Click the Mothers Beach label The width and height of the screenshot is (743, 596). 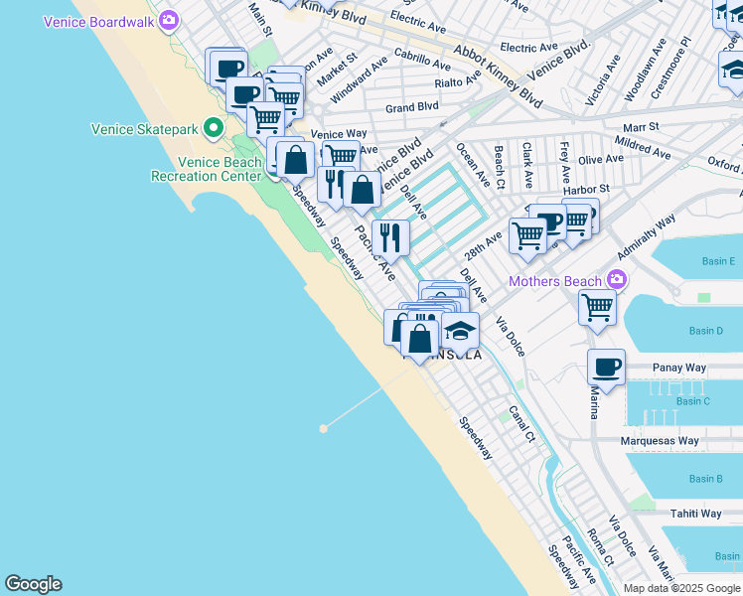[x=555, y=281]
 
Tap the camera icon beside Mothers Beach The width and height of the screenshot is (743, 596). [x=618, y=281]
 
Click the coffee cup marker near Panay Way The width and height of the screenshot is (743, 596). [x=606, y=368]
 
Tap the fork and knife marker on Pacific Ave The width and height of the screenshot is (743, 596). [x=390, y=237]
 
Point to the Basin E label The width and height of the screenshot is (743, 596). [x=719, y=261]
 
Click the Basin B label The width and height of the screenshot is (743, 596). [x=705, y=479]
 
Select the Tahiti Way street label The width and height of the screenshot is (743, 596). [x=695, y=514]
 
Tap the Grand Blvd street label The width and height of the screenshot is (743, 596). [x=412, y=107]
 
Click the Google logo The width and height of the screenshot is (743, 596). [x=33, y=584]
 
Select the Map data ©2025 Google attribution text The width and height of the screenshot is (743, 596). [x=681, y=588]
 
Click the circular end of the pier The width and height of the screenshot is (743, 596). [x=323, y=428]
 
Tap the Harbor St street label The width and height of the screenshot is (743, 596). [x=585, y=190]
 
